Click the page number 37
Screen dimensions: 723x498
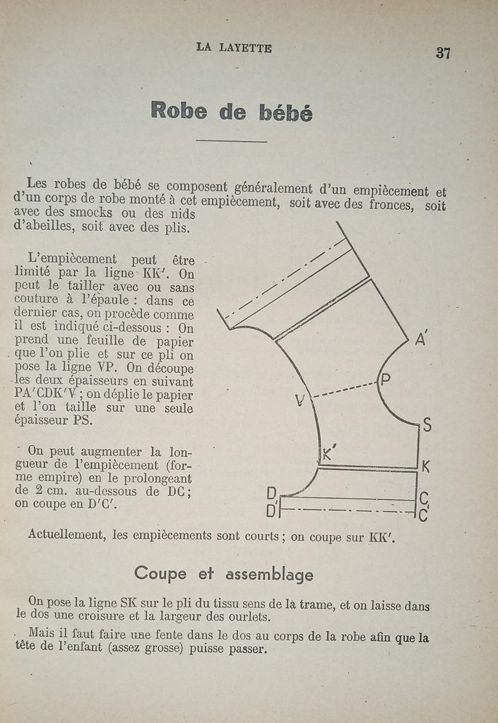[443, 53]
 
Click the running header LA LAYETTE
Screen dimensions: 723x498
[234, 47]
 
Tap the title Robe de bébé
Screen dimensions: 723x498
[231, 111]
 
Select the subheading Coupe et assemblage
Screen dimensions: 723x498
[223, 573]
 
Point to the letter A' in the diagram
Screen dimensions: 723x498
[422, 340]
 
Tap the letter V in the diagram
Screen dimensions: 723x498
[300, 400]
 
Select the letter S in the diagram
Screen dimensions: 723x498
[427, 425]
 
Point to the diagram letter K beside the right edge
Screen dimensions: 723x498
[426, 467]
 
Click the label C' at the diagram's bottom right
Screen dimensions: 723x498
[424, 515]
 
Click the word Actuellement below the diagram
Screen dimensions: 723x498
[65, 534]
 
